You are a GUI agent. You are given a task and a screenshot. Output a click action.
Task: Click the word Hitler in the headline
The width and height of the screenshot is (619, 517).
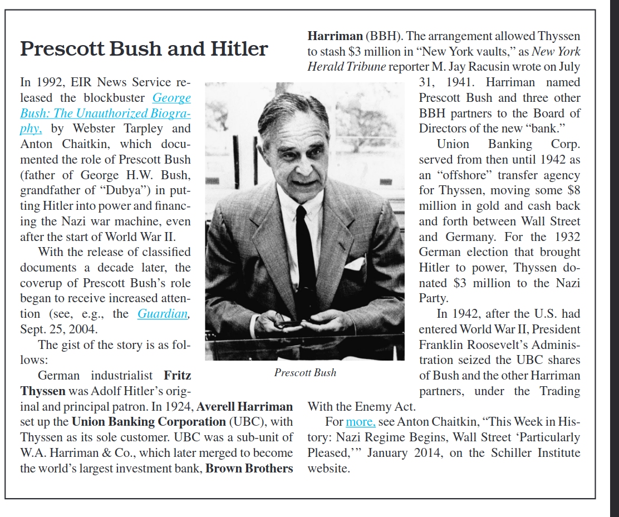click(239, 50)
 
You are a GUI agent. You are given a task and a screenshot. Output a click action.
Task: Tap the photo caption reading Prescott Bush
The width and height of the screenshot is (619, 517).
click(305, 373)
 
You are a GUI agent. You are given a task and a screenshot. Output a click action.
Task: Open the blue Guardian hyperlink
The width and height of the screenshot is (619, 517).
click(163, 314)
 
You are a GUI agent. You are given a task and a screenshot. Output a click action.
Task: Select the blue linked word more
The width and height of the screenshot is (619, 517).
click(360, 422)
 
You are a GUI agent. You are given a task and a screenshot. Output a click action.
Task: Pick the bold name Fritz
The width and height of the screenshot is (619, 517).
click(177, 376)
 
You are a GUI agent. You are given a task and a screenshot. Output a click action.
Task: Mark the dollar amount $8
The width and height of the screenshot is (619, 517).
click(573, 190)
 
